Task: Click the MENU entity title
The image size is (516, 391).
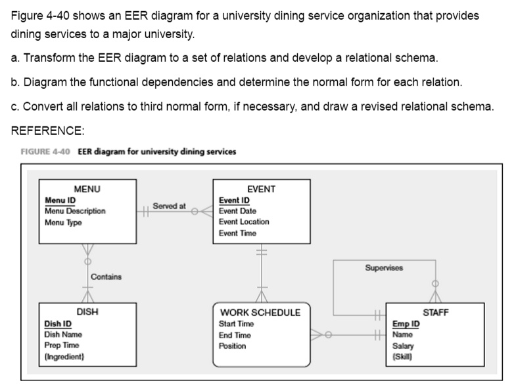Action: [87, 190]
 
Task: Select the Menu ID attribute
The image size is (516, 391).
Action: [60, 200]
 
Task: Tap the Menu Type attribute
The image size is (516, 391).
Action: [63, 222]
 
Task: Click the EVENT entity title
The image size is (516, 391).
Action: [262, 190]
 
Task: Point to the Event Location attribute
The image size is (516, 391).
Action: [244, 222]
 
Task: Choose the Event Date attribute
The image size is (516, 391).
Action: [237, 211]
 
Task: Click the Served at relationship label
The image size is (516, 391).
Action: [169, 207]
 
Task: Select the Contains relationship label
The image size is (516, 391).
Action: [106, 276]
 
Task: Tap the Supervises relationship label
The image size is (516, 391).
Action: [384, 268]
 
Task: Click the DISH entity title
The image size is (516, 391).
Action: [87, 313]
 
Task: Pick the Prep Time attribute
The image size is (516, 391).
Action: [61, 346]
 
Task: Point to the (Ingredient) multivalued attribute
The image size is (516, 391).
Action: [64, 357]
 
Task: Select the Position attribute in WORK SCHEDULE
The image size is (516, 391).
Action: [232, 346]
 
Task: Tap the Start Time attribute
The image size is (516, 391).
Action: [236, 324]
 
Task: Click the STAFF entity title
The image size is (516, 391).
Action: [436, 313]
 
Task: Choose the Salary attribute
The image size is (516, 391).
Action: [403, 346]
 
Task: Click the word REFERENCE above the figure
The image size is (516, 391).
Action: [47, 130]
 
